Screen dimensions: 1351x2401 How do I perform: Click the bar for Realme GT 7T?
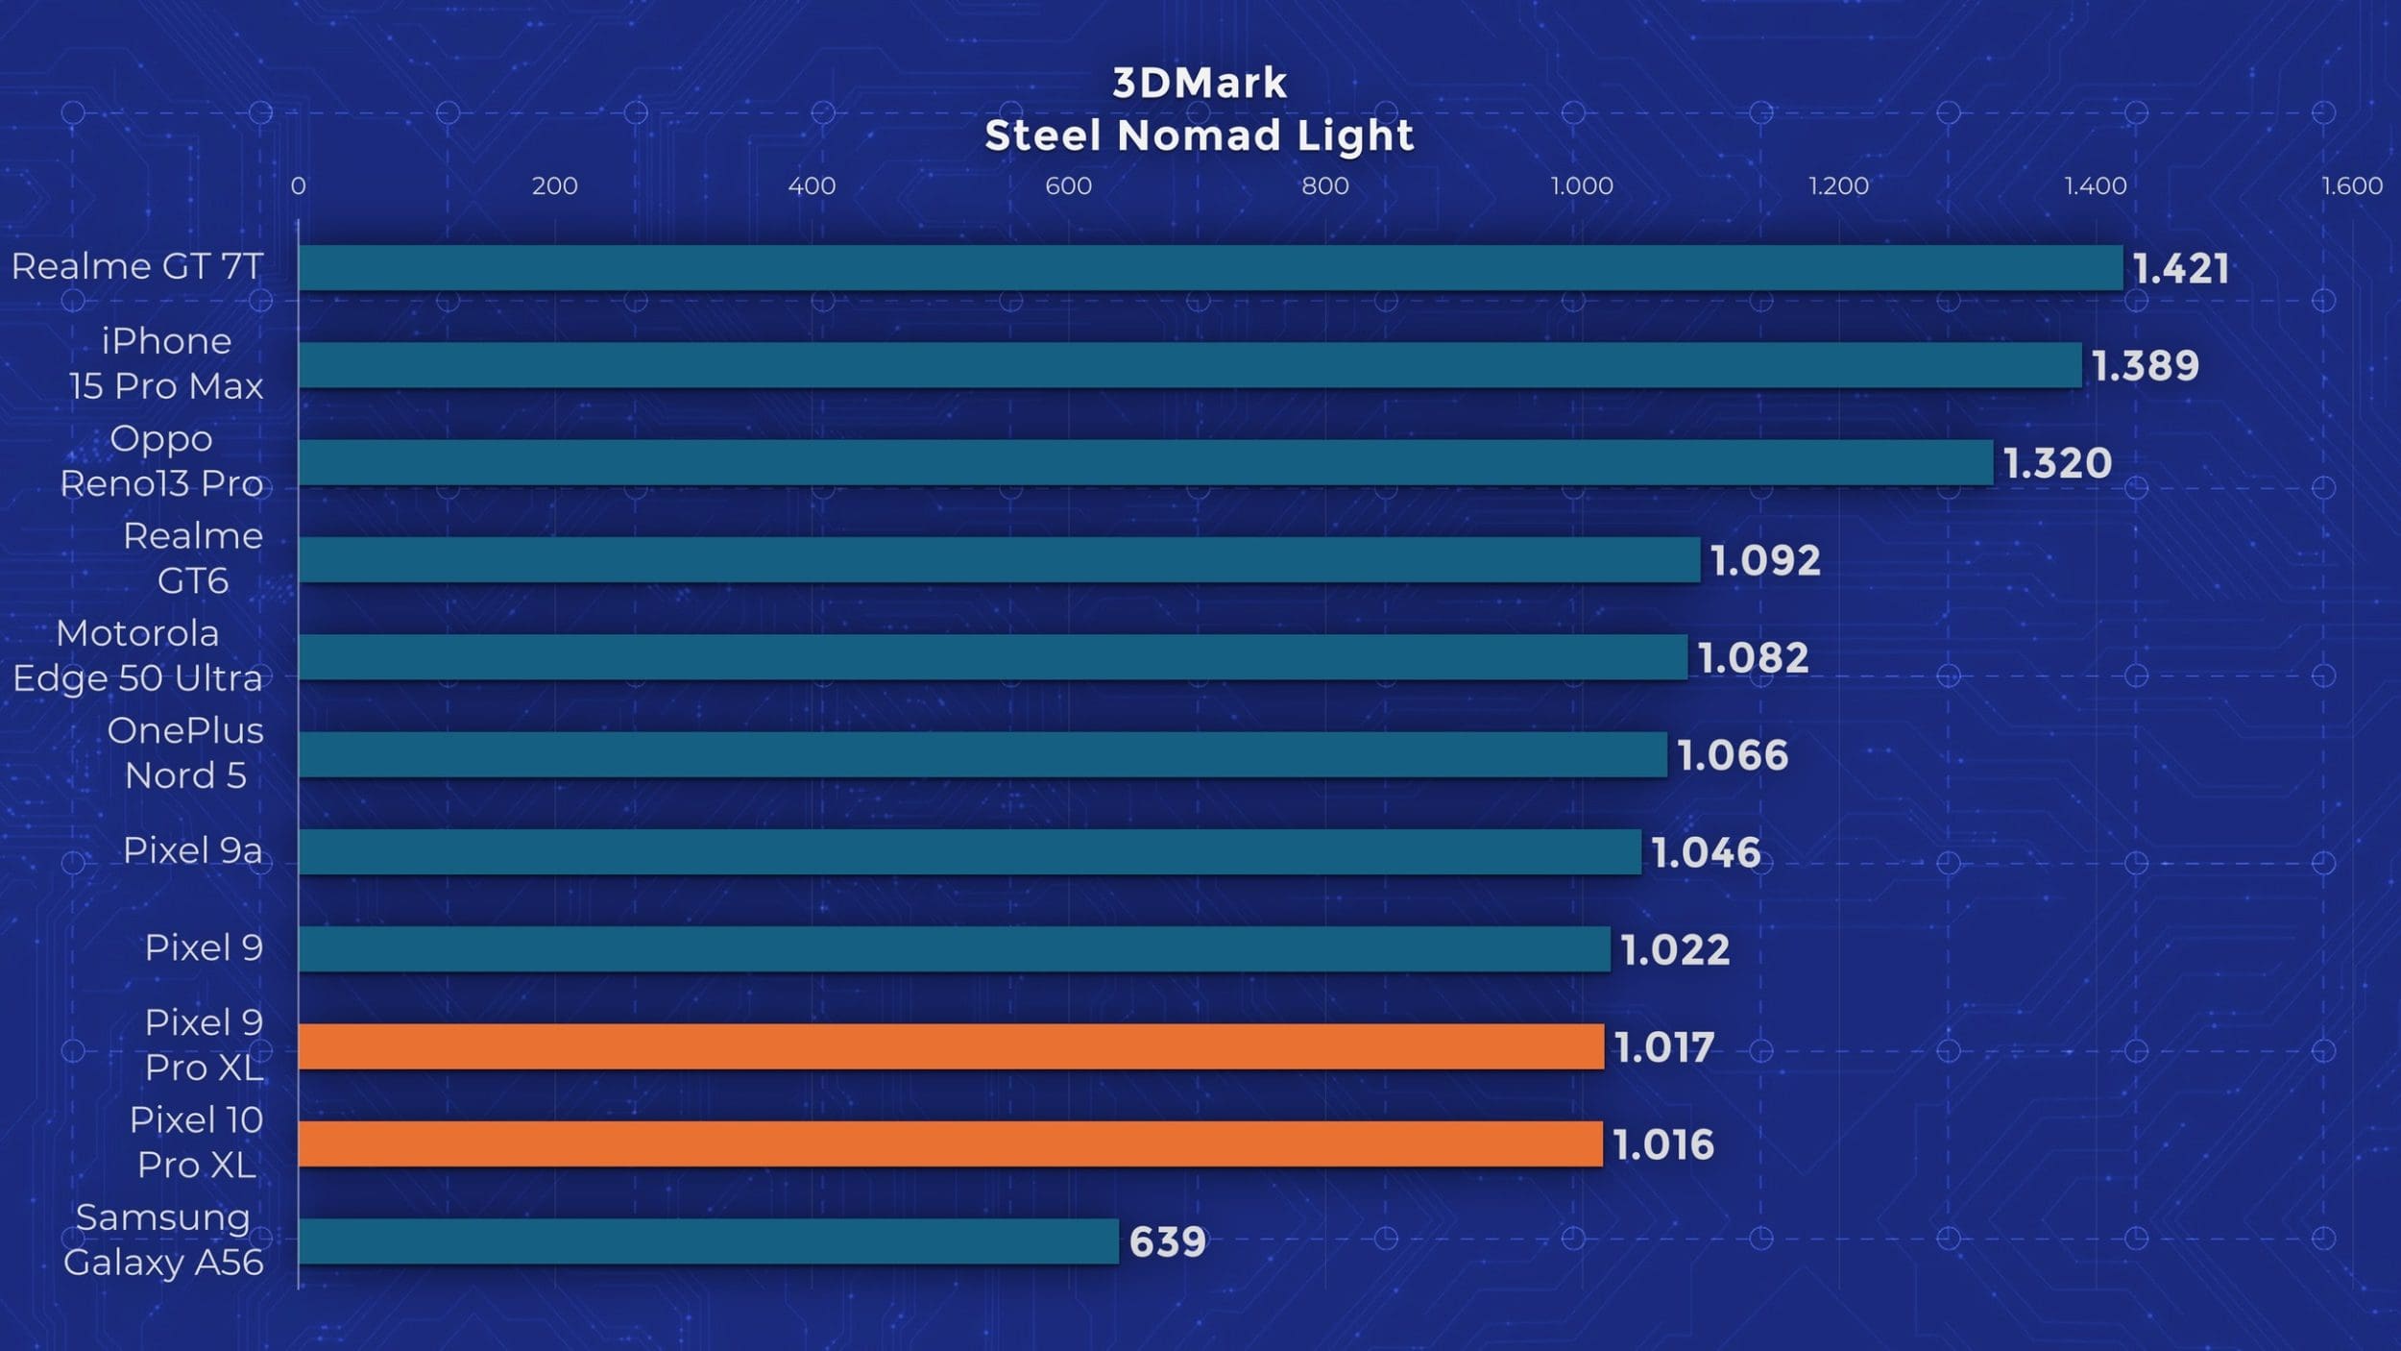click(1210, 267)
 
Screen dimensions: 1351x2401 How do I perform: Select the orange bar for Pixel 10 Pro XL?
click(951, 1143)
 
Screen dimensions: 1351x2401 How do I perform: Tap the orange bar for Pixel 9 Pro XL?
click(951, 1046)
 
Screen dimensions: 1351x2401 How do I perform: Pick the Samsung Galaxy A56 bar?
click(709, 1240)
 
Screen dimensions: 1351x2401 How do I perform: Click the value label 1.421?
click(2180, 269)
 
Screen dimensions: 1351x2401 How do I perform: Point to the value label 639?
click(1167, 1242)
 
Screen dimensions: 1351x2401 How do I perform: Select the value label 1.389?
click(2145, 366)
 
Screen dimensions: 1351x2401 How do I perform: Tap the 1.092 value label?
click(1765, 561)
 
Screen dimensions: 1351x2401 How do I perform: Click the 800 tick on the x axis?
click(1324, 185)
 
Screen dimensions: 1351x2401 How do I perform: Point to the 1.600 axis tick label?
click(2352, 185)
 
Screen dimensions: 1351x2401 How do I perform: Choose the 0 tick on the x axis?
click(299, 185)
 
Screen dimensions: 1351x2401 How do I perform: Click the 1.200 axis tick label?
click(1838, 185)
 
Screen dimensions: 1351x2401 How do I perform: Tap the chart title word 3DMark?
click(1200, 84)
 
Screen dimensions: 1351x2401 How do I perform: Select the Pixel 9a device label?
click(192, 850)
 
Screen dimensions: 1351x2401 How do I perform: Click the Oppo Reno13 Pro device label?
click(161, 461)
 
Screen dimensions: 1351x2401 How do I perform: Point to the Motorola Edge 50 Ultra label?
click(137, 655)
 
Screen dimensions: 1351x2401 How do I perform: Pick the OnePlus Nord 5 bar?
click(982, 754)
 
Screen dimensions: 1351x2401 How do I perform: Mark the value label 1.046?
click(1706, 853)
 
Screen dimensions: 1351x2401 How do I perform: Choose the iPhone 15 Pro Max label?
click(166, 363)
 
